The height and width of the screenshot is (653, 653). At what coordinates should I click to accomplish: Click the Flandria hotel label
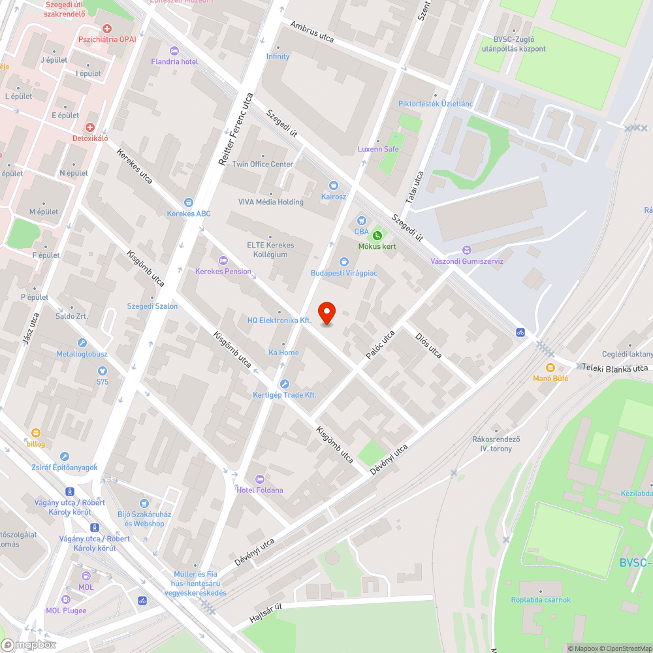pyautogui.click(x=174, y=61)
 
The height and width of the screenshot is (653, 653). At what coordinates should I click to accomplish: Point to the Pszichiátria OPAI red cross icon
pyautogui.click(x=107, y=29)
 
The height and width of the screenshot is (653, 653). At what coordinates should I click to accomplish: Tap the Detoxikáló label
pyautogui.click(x=90, y=138)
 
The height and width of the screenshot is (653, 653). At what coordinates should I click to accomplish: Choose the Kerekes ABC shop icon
pyautogui.click(x=189, y=202)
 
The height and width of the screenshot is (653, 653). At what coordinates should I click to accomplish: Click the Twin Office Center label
pyautogui.click(x=263, y=165)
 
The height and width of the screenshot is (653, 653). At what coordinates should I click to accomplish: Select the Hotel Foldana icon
pyautogui.click(x=260, y=479)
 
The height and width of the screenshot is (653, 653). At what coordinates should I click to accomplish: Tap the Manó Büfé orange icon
pyautogui.click(x=550, y=367)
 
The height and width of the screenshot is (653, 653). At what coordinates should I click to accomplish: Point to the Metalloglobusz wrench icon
pyautogui.click(x=82, y=343)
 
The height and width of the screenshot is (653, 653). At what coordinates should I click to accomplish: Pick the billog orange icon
pyautogui.click(x=36, y=432)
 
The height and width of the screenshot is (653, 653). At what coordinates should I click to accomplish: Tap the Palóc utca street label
pyautogui.click(x=380, y=345)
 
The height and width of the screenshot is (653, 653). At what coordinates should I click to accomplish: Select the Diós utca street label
pyautogui.click(x=428, y=345)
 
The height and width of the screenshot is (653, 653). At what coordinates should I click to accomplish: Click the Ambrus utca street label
pyautogui.click(x=312, y=32)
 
